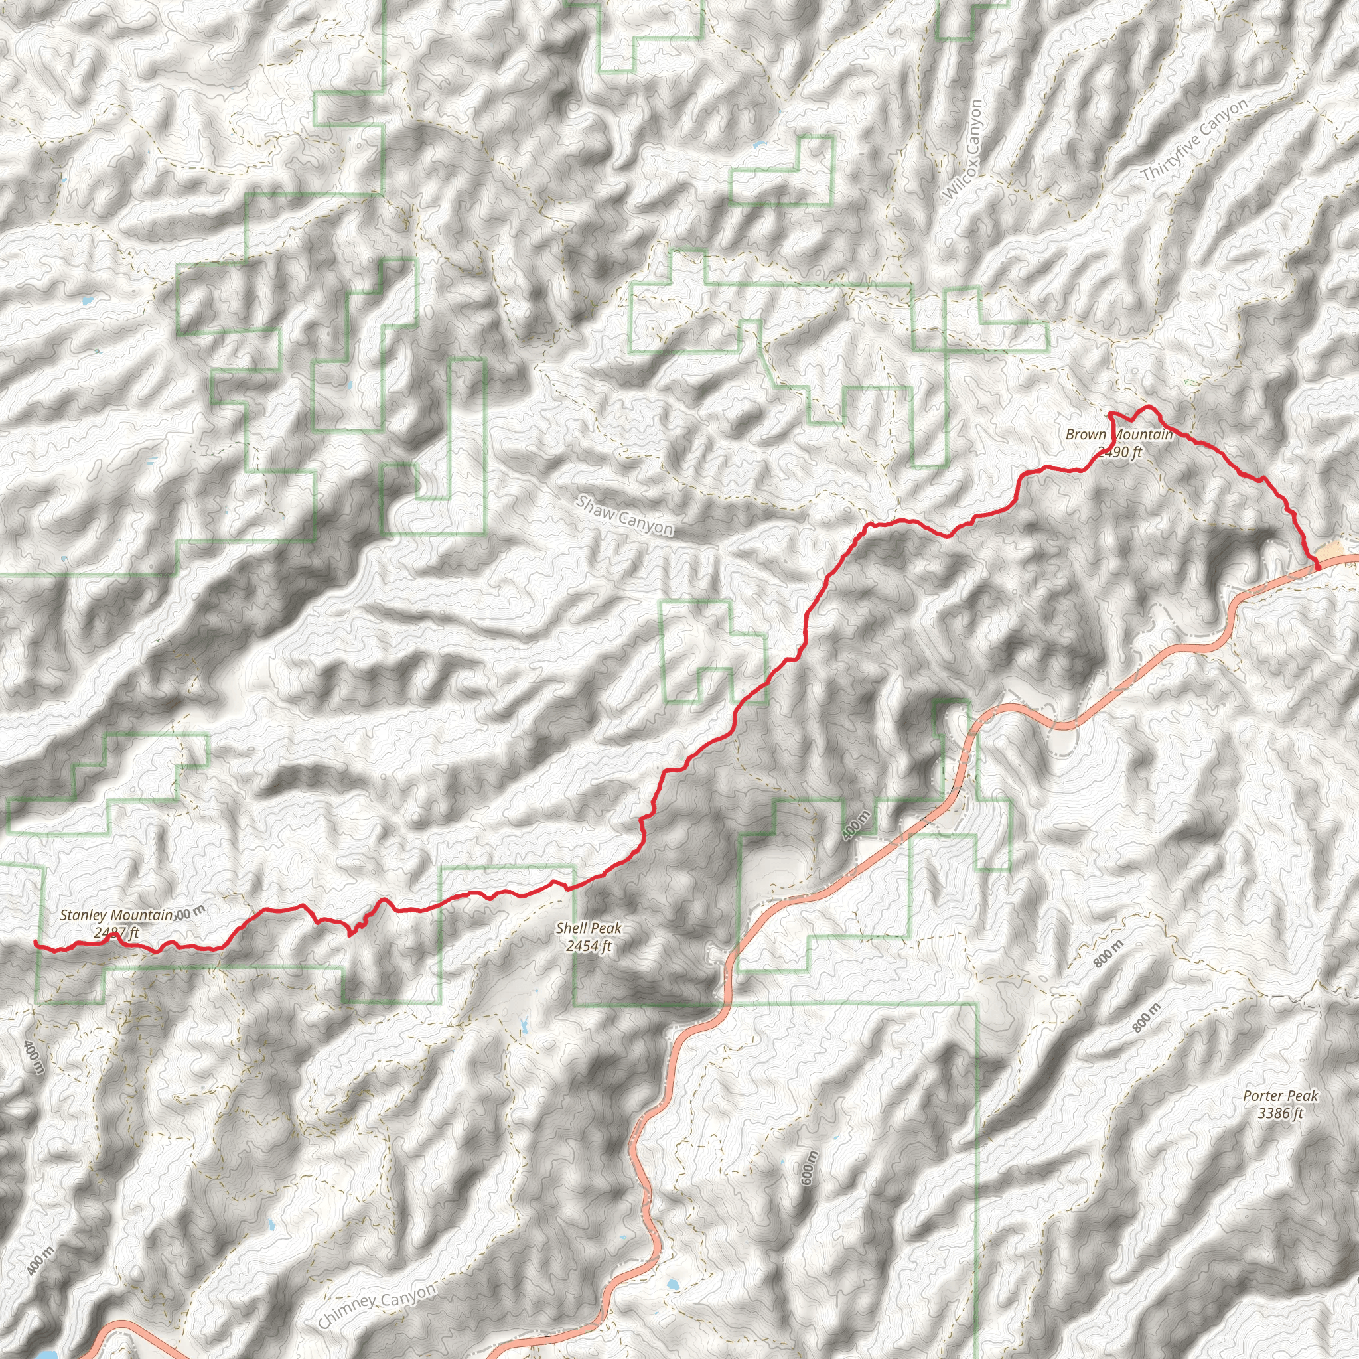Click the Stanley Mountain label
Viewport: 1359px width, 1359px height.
116,915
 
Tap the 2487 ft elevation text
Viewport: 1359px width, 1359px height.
116,934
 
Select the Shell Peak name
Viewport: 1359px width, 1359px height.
589,928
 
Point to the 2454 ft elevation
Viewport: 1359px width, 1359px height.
589,946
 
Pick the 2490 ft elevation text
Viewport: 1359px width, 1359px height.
1121,453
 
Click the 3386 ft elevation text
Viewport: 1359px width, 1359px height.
1280,1113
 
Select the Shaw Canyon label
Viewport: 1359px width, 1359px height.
624,516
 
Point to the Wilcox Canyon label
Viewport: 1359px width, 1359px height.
964,149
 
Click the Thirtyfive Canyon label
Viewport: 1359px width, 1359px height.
1194,140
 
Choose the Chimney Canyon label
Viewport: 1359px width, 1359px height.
377,1305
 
